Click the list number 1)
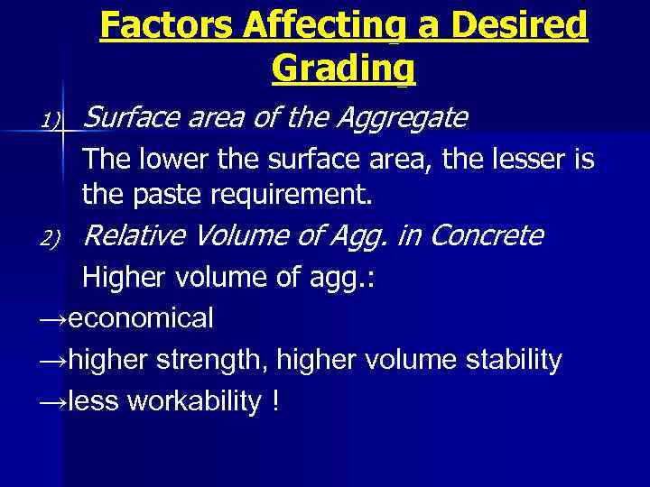50,120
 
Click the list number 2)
50,238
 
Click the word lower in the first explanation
172,161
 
